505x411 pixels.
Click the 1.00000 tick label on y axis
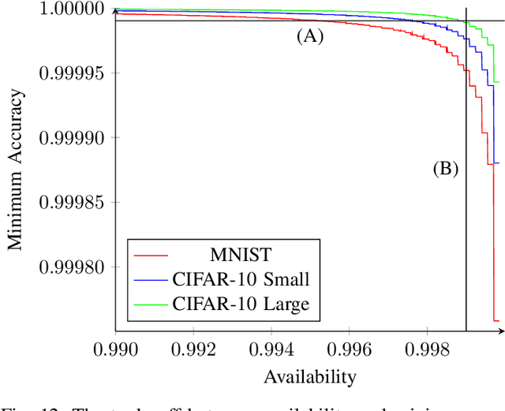[x=72, y=9]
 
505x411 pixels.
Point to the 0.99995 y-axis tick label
[x=72, y=73]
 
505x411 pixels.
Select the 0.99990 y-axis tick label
[x=72, y=138]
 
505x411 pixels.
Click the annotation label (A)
[x=310, y=36]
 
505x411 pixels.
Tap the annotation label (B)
[x=446, y=168]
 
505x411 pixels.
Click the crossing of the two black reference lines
[x=466, y=21]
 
